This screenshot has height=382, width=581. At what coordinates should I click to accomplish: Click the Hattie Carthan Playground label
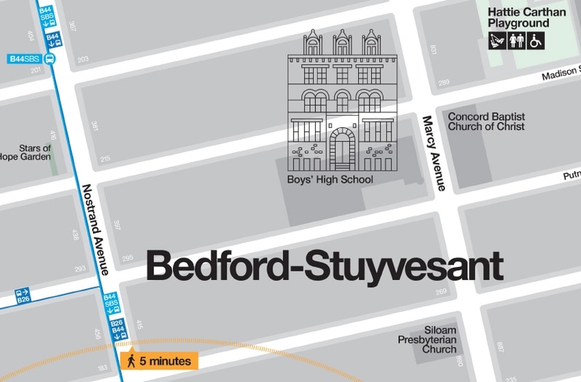526,18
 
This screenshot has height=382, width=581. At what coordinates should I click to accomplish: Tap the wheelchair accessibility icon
537,41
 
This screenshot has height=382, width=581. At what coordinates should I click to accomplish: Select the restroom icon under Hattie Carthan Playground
517,41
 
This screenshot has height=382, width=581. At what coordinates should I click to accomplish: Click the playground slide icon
497,41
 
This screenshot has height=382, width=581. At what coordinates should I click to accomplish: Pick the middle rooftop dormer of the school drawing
341,44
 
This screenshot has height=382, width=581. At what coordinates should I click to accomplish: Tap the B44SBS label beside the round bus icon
23,59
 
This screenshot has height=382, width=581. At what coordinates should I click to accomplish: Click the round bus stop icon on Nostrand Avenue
49,59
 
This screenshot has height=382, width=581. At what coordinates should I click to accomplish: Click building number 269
441,292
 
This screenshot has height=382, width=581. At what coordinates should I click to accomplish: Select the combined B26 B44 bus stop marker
117,328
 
